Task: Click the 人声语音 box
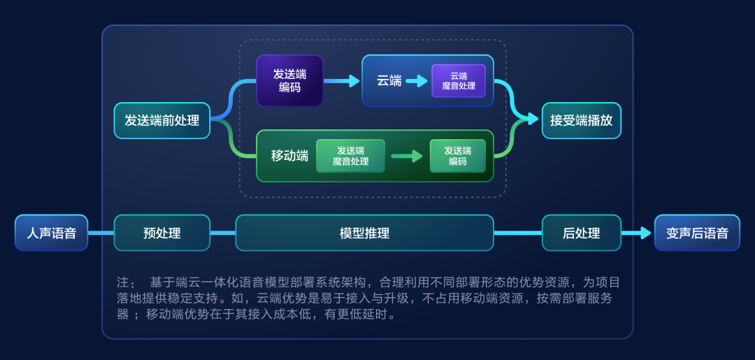pos(51,233)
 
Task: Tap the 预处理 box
pos(161,233)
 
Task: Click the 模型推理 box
pos(364,233)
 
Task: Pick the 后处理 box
pos(581,233)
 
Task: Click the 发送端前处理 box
pos(161,120)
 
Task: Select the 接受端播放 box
pos(581,120)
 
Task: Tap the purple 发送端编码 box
pos(289,80)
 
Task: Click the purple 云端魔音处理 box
pos(459,80)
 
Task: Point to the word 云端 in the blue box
pos(389,80)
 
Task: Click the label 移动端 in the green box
pos(289,156)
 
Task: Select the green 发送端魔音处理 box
pos(350,156)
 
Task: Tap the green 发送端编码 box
pos(457,156)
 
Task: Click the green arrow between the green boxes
pos(407,156)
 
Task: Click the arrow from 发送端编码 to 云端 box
pos(342,81)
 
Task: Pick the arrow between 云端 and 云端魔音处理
pos(417,81)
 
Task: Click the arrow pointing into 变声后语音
pos(638,233)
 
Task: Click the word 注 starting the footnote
pos(123,282)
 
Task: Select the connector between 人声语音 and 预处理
pos(101,233)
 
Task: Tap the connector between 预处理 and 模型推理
pos(222,233)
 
